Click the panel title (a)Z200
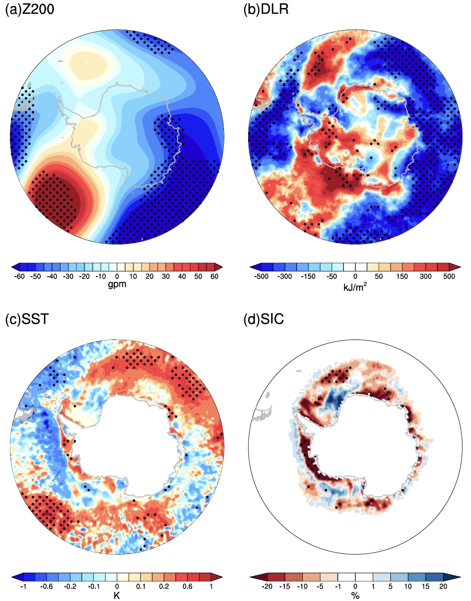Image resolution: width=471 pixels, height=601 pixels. [29, 9]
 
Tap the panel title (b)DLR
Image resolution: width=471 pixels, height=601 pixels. [265, 9]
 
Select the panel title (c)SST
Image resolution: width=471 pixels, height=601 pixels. [26, 319]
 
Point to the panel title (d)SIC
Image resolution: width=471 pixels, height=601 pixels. [264, 319]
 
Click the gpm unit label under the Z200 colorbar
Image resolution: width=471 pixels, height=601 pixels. [117, 285]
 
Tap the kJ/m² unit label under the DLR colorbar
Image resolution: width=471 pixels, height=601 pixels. [355, 286]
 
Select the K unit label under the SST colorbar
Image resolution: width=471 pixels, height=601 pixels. [117, 595]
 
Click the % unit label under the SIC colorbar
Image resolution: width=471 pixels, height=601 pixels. [355, 596]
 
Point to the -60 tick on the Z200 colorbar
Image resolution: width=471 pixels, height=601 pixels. [19, 277]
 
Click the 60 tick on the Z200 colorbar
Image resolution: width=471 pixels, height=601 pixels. [214, 277]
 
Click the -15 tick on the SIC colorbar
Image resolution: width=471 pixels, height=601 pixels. [285, 586]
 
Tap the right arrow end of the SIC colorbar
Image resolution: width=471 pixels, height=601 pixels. [457, 577]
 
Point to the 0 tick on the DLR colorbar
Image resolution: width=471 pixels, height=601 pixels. [355, 277]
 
